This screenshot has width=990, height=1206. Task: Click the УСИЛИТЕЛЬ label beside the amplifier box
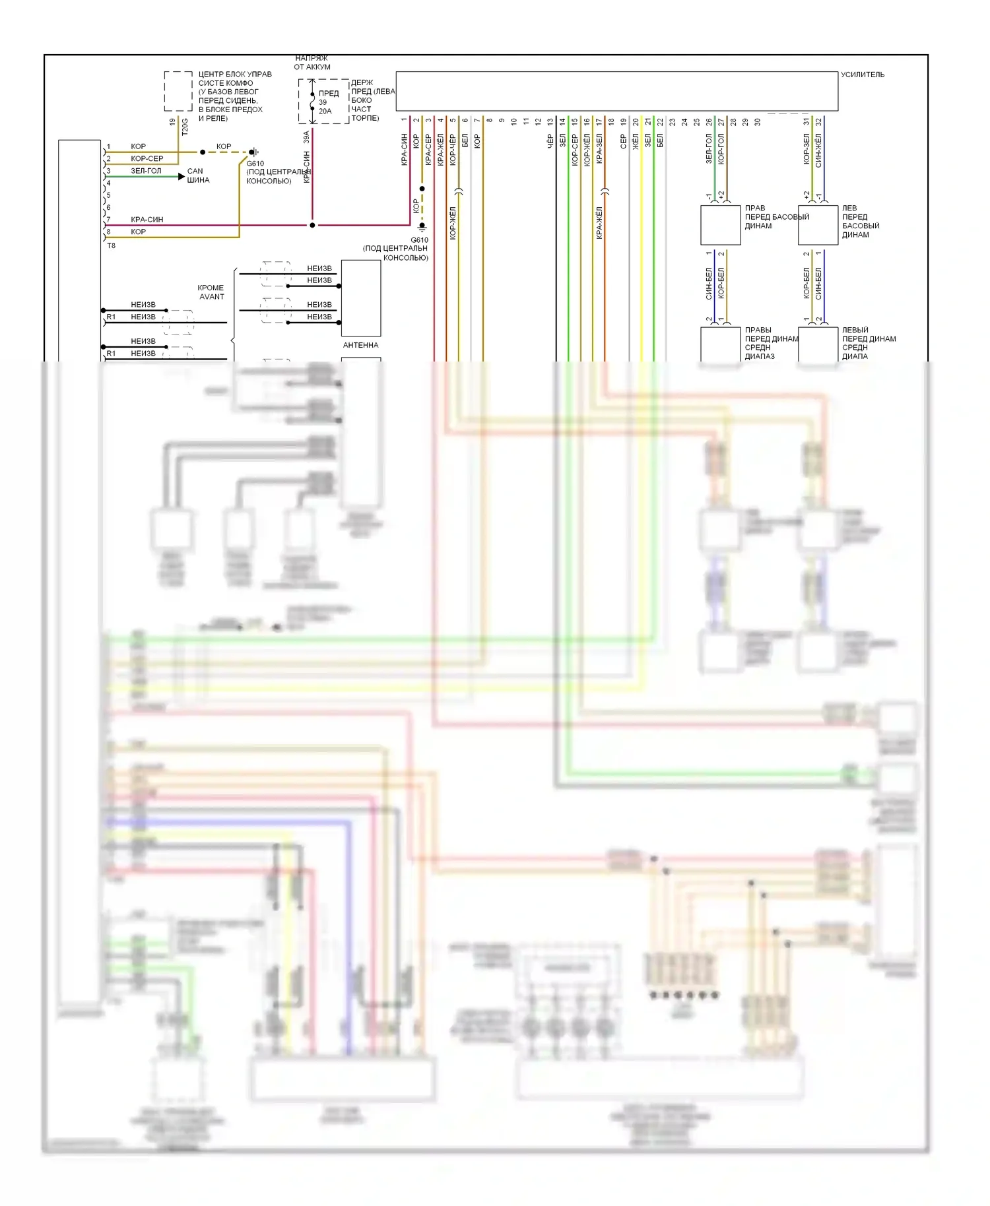pyautogui.click(x=862, y=75)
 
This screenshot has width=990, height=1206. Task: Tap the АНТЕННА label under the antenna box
pyautogui.click(x=360, y=345)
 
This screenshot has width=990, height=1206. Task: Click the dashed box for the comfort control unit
pyautogui.click(x=178, y=91)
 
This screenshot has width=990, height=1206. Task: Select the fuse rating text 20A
pyautogui.click(x=325, y=111)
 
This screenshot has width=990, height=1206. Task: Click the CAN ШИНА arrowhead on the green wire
pyautogui.click(x=181, y=176)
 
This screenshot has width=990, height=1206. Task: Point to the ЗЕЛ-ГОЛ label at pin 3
pyautogui.click(x=146, y=171)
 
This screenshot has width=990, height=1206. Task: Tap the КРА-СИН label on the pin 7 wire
pyautogui.click(x=147, y=220)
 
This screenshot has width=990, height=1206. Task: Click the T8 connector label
pyautogui.click(x=111, y=245)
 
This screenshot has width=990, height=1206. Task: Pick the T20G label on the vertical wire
pyautogui.click(x=185, y=127)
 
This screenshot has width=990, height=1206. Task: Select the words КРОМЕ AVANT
pyautogui.click(x=211, y=292)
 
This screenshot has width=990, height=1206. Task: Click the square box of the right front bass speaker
pyautogui.click(x=720, y=225)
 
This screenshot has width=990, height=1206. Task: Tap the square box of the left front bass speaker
pyautogui.click(x=818, y=225)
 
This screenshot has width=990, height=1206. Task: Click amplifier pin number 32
pyautogui.click(x=819, y=122)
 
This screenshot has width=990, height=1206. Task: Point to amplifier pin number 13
pyautogui.click(x=550, y=122)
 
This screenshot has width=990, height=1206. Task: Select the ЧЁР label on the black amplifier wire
pyautogui.click(x=550, y=141)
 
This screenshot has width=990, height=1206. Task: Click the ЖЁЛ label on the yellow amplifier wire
pyautogui.click(x=636, y=141)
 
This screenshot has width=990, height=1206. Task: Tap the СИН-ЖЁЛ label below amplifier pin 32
pyautogui.click(x=819, y=150)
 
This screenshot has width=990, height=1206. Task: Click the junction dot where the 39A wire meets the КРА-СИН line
pyautogui.click(x=312, y=225)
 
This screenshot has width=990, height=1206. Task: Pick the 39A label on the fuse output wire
pyautogui.click(x=306, y=137)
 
